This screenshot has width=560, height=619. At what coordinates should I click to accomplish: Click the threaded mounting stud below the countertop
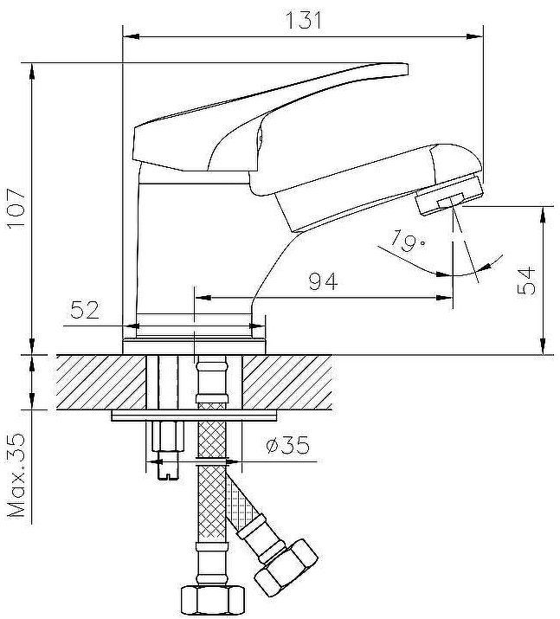166,446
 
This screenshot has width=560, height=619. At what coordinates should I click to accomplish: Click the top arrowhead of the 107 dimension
32,68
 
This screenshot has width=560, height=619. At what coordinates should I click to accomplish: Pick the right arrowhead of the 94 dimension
447,299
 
